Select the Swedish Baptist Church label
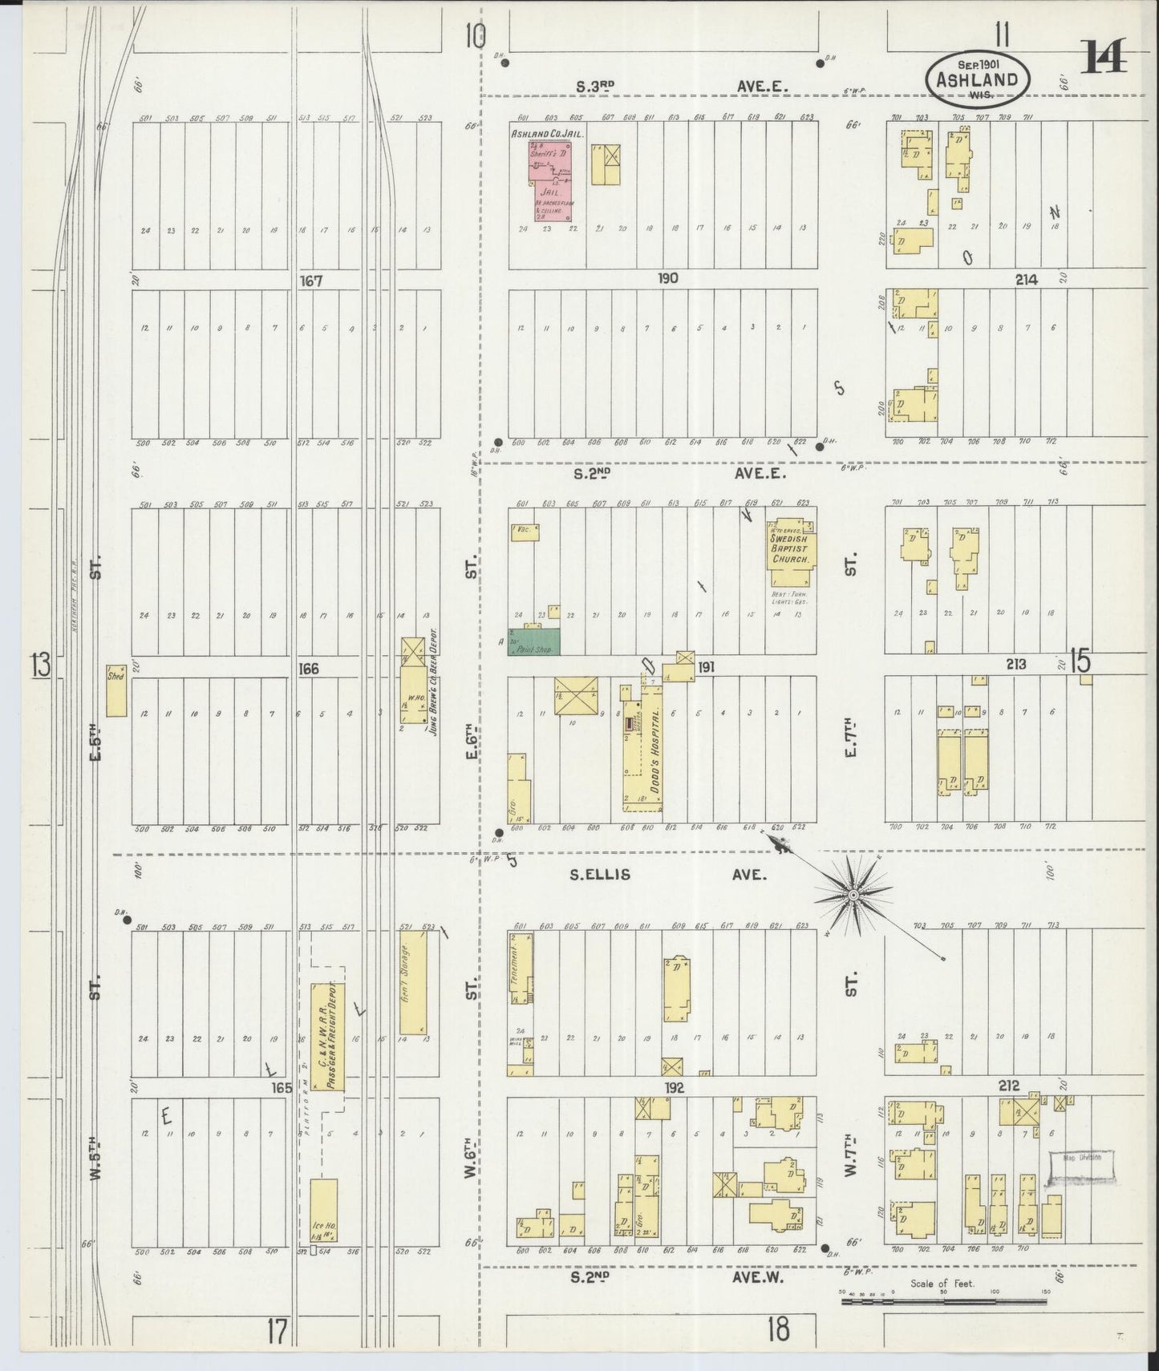(x=791, y=548)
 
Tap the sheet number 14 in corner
(x=1104, y=56)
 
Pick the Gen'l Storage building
(x=412, y=982)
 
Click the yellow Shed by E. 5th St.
(x=116, y=690)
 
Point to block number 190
(x=667, y=278)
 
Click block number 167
(x=310, y=281)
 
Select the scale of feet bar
(x=945, y=1303)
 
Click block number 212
(x=1008, y=1086)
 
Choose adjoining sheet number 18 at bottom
(x=776, y=1330)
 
